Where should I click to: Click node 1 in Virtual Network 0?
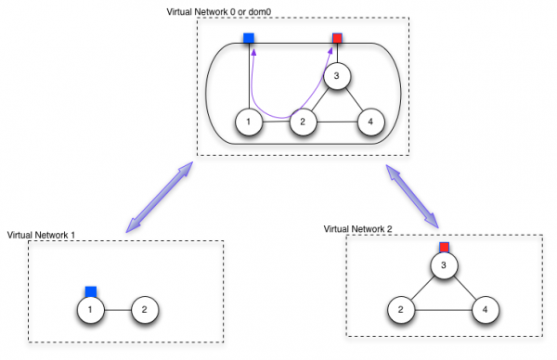tap(248, 122)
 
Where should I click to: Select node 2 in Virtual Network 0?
tap(300, 122)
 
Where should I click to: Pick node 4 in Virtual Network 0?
tap(370, 122)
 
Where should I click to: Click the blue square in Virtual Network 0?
tap(249, 39)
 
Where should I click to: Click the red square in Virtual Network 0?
tap(338, 39)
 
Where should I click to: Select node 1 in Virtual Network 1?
tap(90, 309)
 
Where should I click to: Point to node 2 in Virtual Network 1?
tap(144, 309)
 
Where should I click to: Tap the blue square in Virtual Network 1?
tap(91, 290)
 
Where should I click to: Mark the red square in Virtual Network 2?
tap(444, 248)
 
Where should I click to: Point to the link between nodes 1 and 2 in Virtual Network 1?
tap(117, 309)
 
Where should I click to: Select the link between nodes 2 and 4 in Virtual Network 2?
tap(443, 310)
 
